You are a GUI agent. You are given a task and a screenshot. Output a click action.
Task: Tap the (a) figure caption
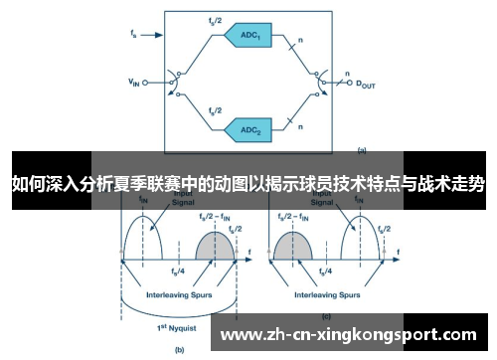[362, 150]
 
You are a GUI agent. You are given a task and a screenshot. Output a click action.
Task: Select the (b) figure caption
[180, 349]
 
